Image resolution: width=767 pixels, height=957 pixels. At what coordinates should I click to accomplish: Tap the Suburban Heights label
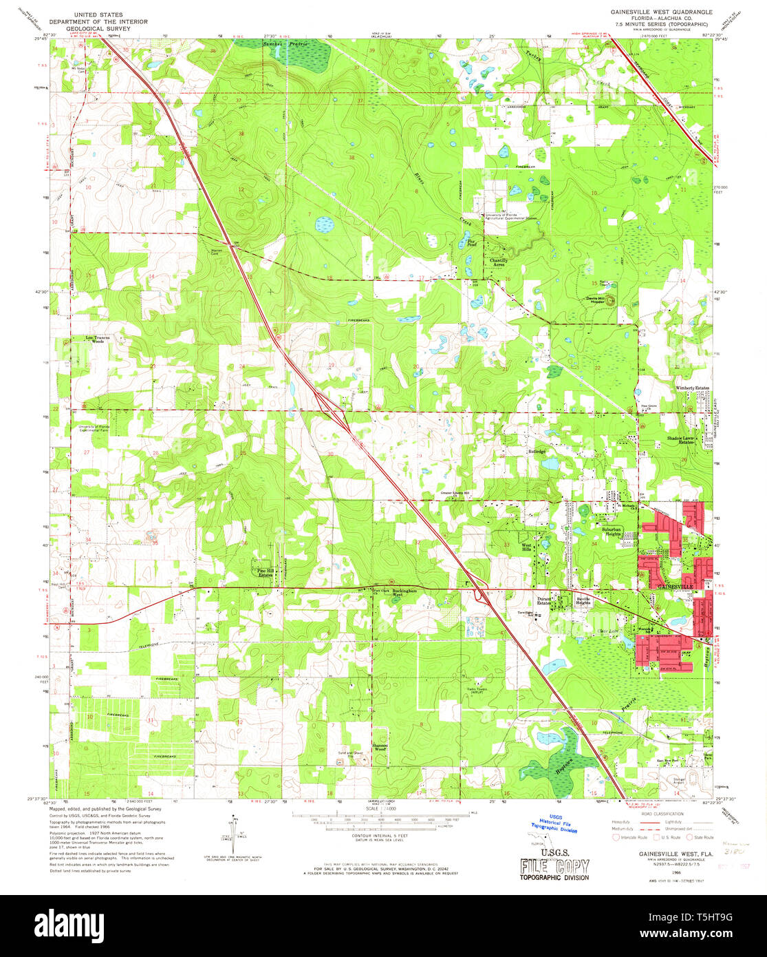coord(607,532)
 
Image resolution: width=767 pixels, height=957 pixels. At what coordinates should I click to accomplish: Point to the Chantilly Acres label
coord(499,262)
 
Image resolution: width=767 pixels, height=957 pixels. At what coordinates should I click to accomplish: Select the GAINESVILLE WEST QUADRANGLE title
coord(656,12)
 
